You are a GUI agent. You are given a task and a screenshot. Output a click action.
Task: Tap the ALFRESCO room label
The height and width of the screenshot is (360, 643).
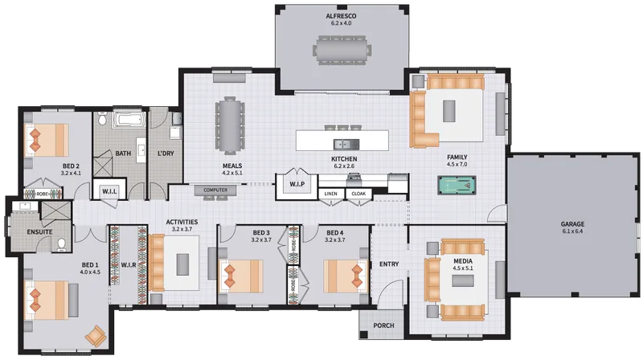tap(341, 16)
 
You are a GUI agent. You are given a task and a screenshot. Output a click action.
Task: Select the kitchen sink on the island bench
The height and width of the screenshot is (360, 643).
tap(346, 145)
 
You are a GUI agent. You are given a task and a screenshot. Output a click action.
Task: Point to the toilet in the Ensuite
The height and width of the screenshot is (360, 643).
tap(62, 244)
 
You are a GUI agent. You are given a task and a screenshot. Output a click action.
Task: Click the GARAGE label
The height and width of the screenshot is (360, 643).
tap(572, 224)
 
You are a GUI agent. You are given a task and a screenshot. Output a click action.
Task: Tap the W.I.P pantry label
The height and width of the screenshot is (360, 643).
tap(297, 184)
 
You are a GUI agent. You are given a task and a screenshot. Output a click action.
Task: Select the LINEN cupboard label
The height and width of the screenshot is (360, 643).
tap(331, 194)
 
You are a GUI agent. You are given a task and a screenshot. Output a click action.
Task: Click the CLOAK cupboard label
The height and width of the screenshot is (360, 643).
tap(358, 194)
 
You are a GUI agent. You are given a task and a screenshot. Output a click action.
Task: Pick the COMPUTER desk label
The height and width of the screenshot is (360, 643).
tap(215, 190)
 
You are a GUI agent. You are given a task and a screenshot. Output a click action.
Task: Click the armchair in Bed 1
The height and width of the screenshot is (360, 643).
tap(96, 336)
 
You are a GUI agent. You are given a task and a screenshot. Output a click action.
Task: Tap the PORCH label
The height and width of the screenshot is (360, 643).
tap(383, 325)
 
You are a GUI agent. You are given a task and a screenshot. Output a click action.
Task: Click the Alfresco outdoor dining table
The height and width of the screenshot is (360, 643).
tap(342, 50)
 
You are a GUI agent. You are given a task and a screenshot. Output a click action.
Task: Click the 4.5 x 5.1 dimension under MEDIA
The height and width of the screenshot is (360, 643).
tap(463, 268)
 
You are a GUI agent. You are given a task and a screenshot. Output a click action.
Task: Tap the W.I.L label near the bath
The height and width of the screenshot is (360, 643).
tap(109, 191)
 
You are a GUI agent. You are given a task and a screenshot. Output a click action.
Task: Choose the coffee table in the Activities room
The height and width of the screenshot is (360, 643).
tap(182, 264)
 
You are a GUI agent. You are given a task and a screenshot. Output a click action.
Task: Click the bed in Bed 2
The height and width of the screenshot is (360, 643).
tap(46, 141)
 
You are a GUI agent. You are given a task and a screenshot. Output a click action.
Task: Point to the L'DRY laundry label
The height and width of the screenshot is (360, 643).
tap(166, 153)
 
